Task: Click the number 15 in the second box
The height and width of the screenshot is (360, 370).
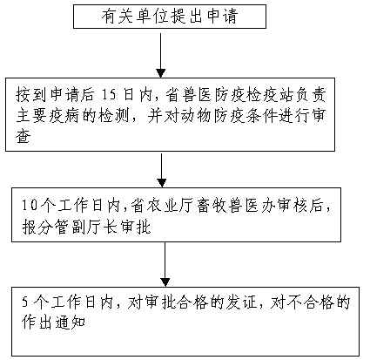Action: click(x=109, y=95)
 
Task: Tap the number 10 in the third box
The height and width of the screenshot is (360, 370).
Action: click(x=30, y=205)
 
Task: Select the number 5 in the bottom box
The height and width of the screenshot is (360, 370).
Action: click(x=25, y=302)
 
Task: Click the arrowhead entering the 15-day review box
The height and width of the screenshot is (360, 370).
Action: click(x=161, y=73)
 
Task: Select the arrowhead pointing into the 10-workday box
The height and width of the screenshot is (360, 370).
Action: click(x=162, y=183)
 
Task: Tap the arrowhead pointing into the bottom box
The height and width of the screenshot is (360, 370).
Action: click(x=165, y=282)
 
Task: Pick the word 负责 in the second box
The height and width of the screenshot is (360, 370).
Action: click(x=311, y=95)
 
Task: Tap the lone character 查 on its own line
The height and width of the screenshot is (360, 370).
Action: click(x=24, y=136)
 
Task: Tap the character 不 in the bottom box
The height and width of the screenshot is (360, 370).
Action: click(x=294, y=302)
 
